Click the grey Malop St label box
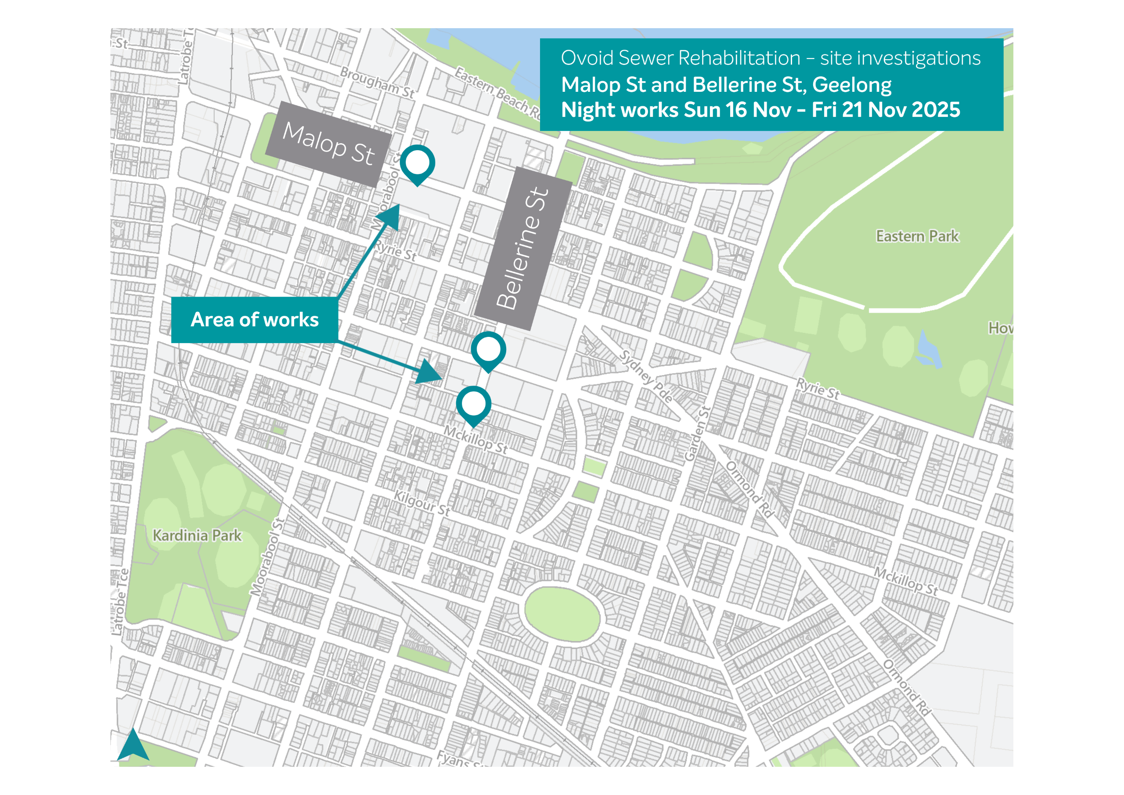328,145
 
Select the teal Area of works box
255,320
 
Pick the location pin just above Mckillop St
473,404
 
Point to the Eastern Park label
917,236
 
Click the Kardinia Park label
197,535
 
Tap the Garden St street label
697,434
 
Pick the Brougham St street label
378,83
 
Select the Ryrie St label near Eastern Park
818,388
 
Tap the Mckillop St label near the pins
476,439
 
